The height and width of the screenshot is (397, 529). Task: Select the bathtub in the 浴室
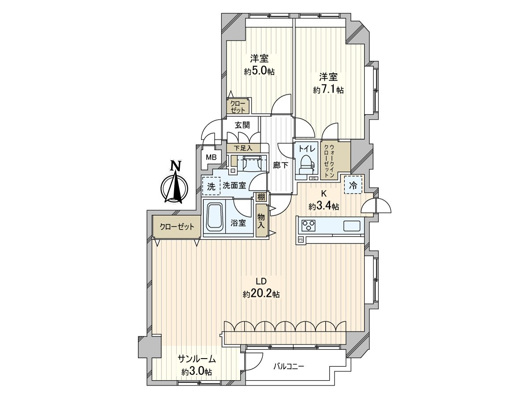click(214, 217)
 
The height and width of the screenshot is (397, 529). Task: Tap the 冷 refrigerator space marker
click(353, 185)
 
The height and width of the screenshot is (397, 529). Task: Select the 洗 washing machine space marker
click(211, 186)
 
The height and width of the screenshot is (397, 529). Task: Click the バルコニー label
click(289, 366)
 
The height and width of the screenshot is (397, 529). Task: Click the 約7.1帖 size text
click(328, 90)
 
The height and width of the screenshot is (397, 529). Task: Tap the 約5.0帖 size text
click(259, 71)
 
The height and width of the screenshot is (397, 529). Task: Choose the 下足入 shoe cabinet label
click(243, 148)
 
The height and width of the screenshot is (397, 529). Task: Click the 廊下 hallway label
click(280, 165)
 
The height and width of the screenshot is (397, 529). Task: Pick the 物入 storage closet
click(261, 221)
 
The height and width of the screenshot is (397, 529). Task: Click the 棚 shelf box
click(261, 197)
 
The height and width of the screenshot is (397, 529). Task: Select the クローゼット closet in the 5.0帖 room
click(238, 106)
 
